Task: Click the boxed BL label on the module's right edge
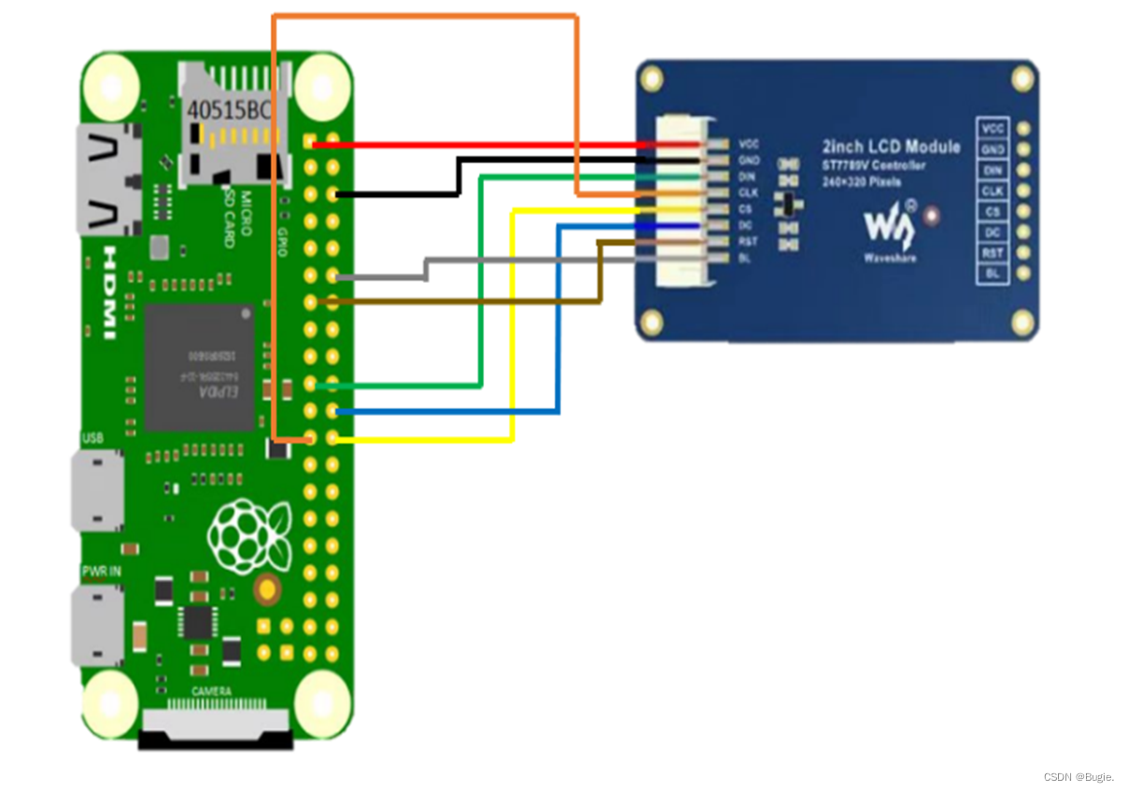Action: point(994,275)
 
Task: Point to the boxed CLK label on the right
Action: point(994,191)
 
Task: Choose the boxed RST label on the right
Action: point(994,253)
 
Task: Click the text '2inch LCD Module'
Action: point(891,147)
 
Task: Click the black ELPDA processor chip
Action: point(200,367)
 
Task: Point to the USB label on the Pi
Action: point(93,438)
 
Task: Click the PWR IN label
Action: point(101,571)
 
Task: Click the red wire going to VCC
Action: point(486,145)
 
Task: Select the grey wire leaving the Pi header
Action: point(383,277)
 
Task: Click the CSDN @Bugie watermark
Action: point(1083,777)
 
